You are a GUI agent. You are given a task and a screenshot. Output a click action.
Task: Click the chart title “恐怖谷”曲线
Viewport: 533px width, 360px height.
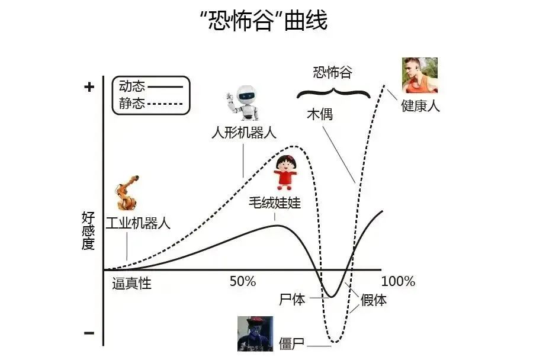pyautogui.click(x=264, y=22)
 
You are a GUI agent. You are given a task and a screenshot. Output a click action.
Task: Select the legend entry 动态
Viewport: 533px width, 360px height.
pyautogui.click(x=131, y=86)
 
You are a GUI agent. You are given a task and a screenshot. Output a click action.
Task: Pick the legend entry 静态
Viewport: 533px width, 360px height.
pyautogui.click(x=131, y=104)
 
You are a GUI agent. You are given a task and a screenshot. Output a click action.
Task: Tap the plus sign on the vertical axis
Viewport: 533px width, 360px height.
pyautogui.click(x=89, y=87)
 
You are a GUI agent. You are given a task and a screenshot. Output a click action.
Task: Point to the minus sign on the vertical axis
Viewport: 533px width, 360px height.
pyautogui.click(x=89, y=333)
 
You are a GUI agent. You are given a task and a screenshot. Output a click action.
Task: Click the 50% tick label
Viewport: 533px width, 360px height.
pyautogui.click(x=242, y=282)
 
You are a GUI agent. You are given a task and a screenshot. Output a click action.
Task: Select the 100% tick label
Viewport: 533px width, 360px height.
pyautogui.click(x=398, y=282)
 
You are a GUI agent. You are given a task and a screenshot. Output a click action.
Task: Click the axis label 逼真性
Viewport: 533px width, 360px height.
pyautogui.click(x=132, y=284)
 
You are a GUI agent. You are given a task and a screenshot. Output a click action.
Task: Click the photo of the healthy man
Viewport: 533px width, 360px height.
pyautogui.click(x=419, y=75)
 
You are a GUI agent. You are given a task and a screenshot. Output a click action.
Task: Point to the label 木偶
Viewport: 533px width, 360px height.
pyautogui.click(x=320, y=114)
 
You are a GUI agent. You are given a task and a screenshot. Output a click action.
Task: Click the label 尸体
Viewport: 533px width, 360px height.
pyautogui.click(x=292, y=299)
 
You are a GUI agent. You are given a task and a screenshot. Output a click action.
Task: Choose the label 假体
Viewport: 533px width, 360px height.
pyautogui.click(x=374, y=300)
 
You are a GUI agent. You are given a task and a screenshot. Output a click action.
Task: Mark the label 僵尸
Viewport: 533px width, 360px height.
pyautogui.click(x=292, y=343)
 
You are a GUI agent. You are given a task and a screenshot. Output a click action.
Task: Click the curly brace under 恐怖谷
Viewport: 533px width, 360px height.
pyautogui.click(x=333, y=92)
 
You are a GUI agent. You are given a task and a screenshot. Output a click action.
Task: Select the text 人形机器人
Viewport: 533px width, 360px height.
pyautogui.click(x=244, y=132)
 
